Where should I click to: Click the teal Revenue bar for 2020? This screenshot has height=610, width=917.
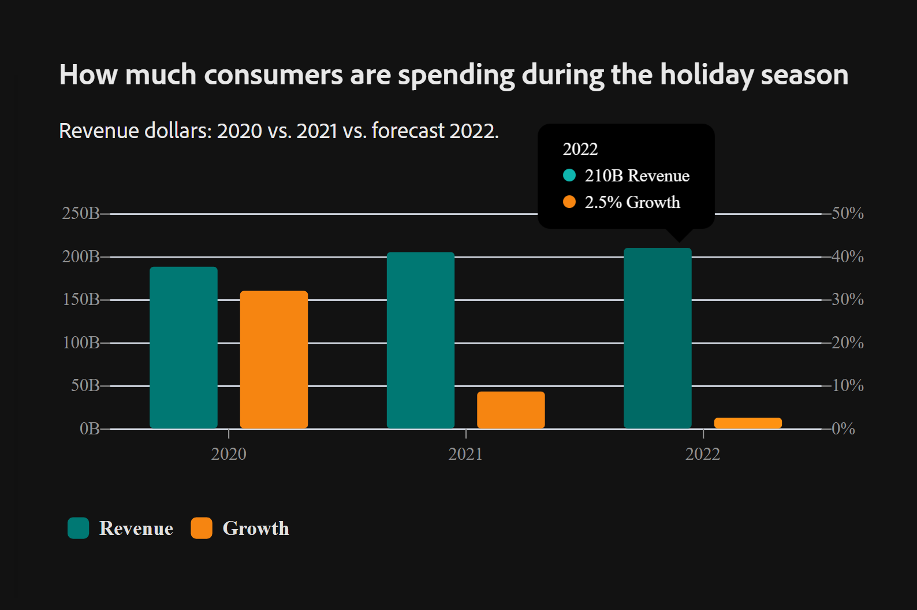click(x=184, y=347)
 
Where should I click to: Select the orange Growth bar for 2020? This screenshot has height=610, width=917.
click(x=274, y=359)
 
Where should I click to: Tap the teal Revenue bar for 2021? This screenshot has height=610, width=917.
click(x=420, y=340)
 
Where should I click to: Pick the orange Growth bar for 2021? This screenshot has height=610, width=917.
click(x=511, y=410)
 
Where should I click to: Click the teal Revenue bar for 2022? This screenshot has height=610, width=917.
click(x=658, y=338)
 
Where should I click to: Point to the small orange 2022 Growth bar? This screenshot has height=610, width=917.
click(x=748, y=423)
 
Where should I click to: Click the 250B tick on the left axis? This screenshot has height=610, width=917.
click(x=81, y=213)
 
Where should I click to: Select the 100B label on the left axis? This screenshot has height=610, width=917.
click(x=81, y=343)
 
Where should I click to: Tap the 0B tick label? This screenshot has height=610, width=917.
click(x=90, y=429)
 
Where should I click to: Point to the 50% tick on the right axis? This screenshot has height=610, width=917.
click(x=847, y=213)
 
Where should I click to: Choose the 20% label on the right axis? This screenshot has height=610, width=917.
click(x=847, y=343)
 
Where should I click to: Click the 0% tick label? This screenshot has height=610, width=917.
click(x=843, y=429)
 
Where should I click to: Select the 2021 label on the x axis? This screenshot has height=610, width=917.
click(x=465, y=454)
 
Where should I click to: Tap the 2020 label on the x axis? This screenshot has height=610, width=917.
click(x=229, y=454)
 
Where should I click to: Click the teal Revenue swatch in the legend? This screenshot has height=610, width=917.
click(x=79, y=528)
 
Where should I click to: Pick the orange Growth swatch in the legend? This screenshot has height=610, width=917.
click(x=202, y=528)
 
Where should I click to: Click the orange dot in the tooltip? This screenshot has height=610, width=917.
click(x=569, y=202)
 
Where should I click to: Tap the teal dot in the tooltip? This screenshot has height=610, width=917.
click(x=569, y=175)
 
